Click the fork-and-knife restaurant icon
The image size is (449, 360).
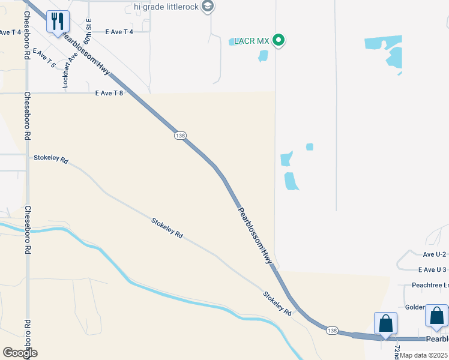58,22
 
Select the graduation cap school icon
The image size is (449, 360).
208,7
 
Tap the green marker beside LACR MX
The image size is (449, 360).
278,41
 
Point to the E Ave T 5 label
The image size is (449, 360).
44,58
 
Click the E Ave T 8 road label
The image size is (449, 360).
109,93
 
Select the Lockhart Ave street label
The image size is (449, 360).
67,70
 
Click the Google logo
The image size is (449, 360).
19,353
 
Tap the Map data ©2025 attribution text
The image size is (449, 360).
424,355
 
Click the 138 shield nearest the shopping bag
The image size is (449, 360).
333,331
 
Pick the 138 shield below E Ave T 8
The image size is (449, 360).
180,136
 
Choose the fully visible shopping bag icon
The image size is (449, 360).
385,323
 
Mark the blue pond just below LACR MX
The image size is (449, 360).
263,56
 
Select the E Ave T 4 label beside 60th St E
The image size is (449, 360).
119,32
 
